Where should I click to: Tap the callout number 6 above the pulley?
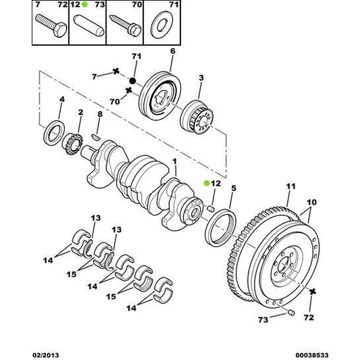click(172, 51)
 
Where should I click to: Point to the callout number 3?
click(201, 78)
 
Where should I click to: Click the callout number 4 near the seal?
click(61, 100)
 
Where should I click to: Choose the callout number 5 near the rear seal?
click(233, 190)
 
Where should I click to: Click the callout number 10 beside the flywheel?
click(311, 202)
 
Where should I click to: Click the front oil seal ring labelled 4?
click(54, 132)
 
